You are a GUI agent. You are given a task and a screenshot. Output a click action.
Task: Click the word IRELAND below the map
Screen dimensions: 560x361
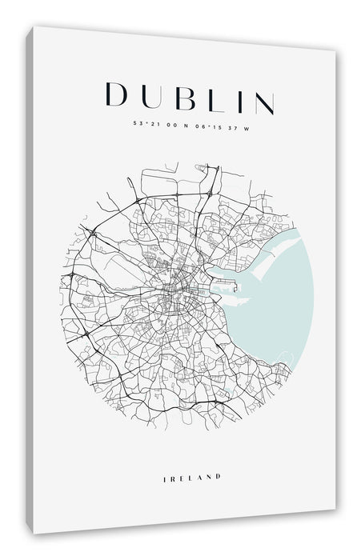click(191, 454)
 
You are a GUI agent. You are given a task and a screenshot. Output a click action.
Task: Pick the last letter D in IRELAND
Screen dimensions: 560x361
click(217, 454)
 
